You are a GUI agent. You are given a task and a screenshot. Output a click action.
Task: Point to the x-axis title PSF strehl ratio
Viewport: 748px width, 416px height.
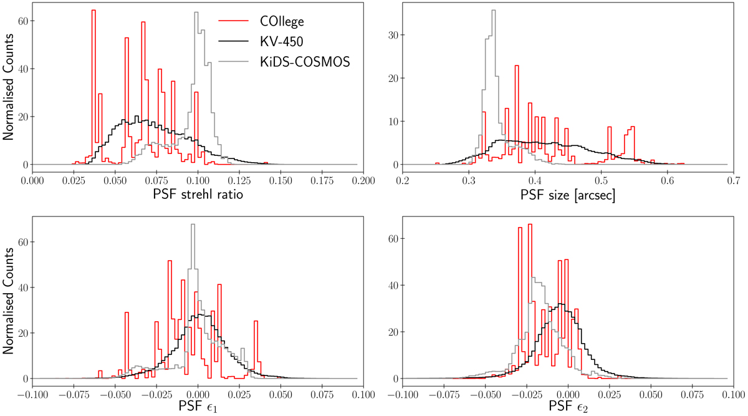(198, 196)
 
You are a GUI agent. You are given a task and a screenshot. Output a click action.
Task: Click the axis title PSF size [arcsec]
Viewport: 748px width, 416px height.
(567, 196)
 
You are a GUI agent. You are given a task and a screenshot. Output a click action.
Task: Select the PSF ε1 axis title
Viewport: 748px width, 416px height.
(198, 409)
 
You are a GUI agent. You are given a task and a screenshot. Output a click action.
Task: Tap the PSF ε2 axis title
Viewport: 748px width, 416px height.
(567, 409)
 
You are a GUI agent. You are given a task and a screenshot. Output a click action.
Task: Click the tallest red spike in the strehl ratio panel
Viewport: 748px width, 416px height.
(93, 11)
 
